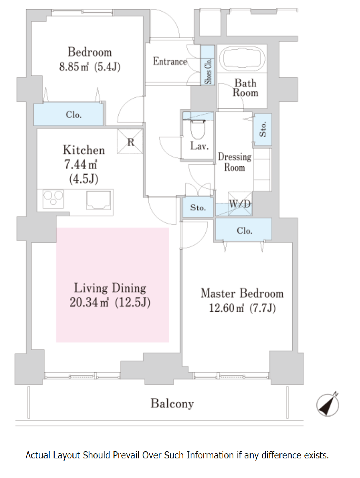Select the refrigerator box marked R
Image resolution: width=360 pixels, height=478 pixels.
click(x=130, y=141)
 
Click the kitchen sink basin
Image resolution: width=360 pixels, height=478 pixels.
click(x=98, y=200)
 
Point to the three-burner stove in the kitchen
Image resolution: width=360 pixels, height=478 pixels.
click(x=53, y=199)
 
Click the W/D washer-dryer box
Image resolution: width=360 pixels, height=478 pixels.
click(x=240, y=203)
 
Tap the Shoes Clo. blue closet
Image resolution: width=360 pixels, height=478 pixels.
click(x=207, y=65)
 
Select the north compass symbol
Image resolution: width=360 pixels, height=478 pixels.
click(x=328, y=404)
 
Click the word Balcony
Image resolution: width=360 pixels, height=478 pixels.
click(x=172, y=404)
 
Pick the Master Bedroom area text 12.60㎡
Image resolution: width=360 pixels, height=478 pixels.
click(x=226, y=308)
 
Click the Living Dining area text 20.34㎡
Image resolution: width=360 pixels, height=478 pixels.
click(x=89, y=302)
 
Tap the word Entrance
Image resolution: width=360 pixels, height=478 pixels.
click(x=170, y=61)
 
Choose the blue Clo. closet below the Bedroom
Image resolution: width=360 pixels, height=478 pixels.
click(x=68, y=114)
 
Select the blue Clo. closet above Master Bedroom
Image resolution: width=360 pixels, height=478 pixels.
click(x=243, y=229)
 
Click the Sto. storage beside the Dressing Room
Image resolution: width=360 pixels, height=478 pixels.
click(x=263, y=129)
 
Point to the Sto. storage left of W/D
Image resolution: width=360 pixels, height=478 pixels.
click(x=198, y=207)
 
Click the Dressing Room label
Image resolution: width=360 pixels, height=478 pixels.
click(x=235, y=162)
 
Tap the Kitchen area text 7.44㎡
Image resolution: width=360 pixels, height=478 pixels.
click(x=81, y=165)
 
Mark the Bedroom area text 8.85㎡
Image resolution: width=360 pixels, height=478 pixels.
click(x=74, y=66)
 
